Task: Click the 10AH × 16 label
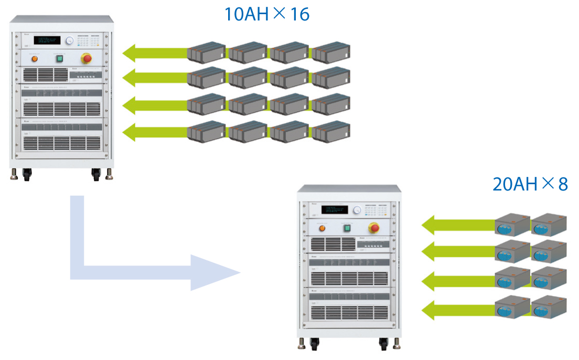pos(267,14)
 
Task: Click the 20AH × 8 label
pos(530,184)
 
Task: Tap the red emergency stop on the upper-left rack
pos(85,58)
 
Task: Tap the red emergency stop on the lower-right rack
pos(374,227)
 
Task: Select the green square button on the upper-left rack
pos(59,58)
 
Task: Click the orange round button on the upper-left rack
pos(36,58)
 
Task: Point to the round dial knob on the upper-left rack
pos(69,40)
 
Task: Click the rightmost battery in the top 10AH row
pos(330,50)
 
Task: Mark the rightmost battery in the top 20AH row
pos(549,224)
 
